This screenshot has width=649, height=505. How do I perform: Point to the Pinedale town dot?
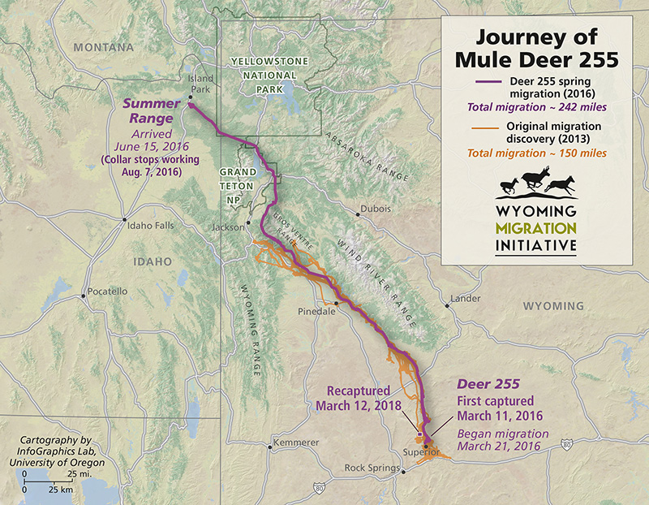point(337,304)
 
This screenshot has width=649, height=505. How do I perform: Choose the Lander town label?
point(466,298)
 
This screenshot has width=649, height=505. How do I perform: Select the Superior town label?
point(421,451)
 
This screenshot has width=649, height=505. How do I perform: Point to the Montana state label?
point(103,48)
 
